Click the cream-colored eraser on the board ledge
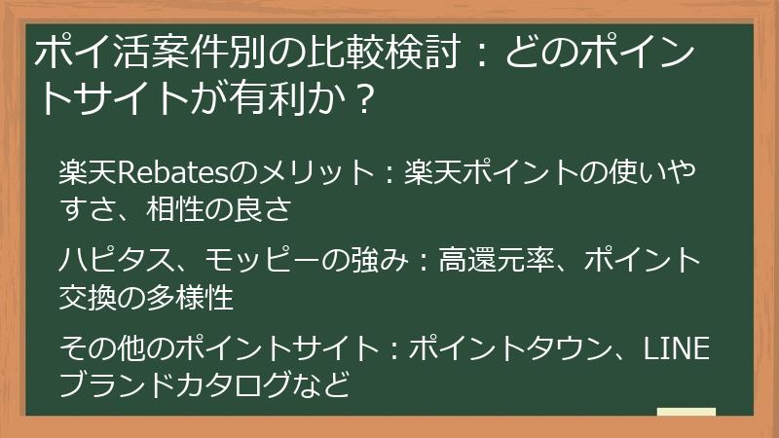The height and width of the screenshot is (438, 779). click(686, 412)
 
